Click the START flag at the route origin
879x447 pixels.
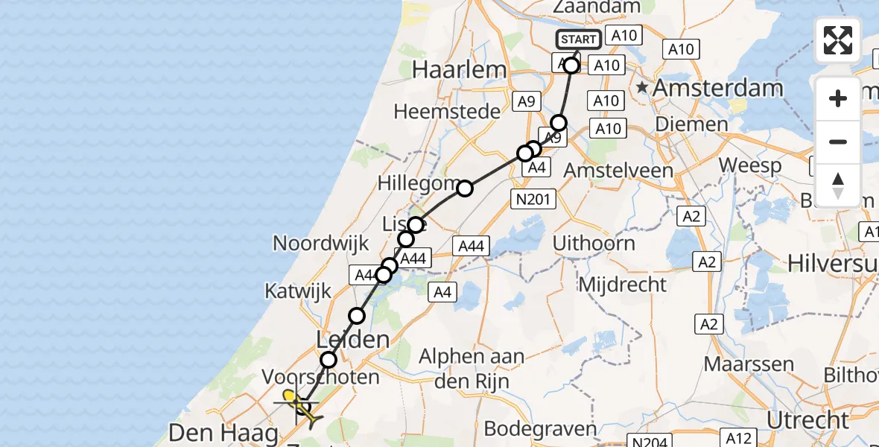578,39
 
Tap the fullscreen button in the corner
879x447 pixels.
838,40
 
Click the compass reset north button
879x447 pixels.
838,186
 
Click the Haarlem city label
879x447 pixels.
459,70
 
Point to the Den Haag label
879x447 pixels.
224,432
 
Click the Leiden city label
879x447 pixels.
353,340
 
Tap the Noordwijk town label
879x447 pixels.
321,243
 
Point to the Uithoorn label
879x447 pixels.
594,243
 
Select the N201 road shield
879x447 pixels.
533,198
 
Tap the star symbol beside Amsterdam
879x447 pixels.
641,88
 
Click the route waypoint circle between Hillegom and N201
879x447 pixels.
465,188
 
